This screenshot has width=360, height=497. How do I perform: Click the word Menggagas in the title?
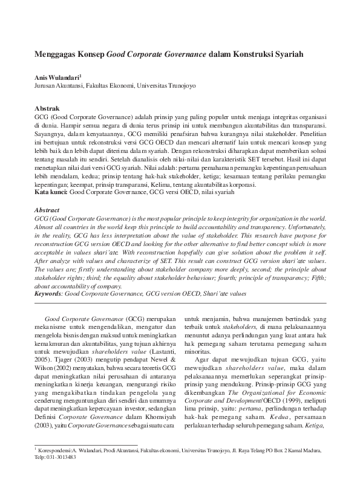[x=54, y=54]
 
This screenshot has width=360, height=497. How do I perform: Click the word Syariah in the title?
[x=286, y=54]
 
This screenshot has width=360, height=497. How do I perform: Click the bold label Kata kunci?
[x=51, y=192]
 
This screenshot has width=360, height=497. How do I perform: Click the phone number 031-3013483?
[x=61, y=475]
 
